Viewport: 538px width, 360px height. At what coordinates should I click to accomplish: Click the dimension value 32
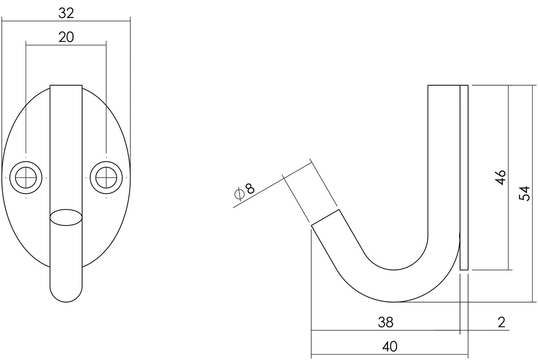(x=66, y=13)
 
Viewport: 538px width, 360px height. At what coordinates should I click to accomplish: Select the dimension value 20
(x=66, y=37)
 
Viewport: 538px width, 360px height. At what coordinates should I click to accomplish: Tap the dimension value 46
(x=501, y=178)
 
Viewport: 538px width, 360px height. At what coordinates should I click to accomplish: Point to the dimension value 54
(x=524, y=193)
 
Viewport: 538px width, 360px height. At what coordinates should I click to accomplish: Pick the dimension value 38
(x=386, y=322)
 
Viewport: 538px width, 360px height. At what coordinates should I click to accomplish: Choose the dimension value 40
(x=390, y=347)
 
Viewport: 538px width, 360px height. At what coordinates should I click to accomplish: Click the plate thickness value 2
(x=502, y=322)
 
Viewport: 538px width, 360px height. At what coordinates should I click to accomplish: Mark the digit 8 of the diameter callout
(x=250, y=189)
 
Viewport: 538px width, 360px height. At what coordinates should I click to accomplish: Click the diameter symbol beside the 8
(x=239, y=194)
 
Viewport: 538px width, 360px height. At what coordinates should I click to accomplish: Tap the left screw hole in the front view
(x=26, y=178)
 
